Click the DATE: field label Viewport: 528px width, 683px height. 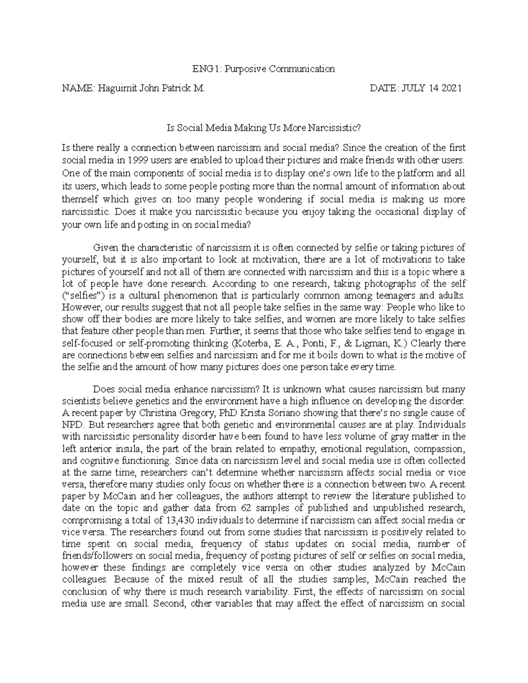point(384,88)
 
